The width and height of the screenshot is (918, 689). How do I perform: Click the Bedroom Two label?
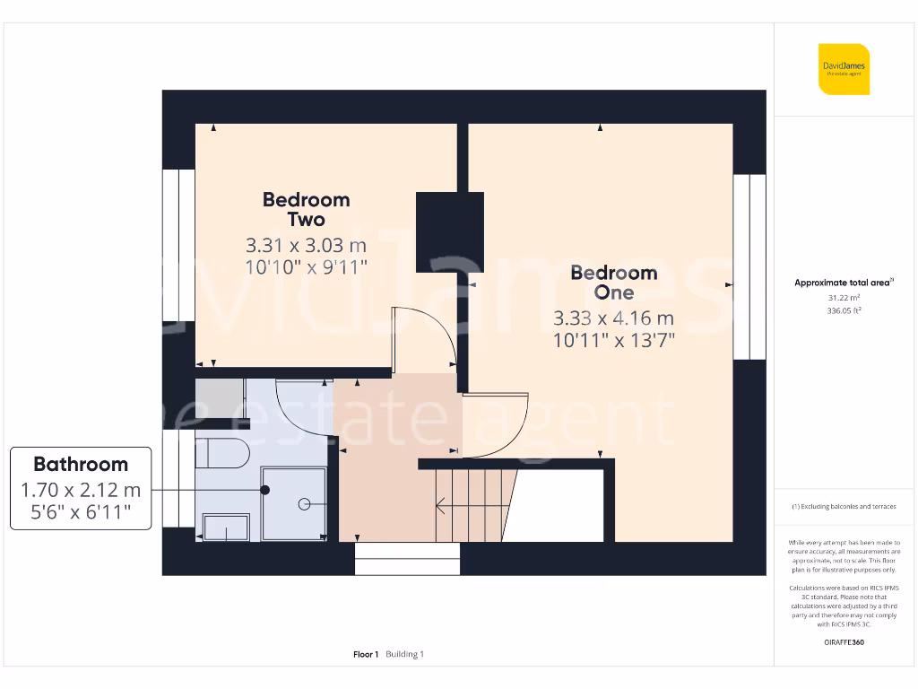[x=306, y=209]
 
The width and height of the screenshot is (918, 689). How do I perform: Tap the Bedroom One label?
[x=614, y=283]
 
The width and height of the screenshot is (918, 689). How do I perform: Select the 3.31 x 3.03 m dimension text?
[x=306, y=245]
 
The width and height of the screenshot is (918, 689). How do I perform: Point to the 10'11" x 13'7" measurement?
[x=614, y=340]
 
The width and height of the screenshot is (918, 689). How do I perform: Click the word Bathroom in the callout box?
[x=81, y=464]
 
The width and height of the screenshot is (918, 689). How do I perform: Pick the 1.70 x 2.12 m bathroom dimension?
[x=81, y=490]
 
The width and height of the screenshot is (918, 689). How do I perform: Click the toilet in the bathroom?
[x=219, y=453]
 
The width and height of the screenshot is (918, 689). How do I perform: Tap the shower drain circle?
[x=304, y=504]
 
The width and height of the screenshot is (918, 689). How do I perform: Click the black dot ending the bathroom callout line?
[x=265, y=490]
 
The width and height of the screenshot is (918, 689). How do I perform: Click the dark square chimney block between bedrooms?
[x=449, y=231]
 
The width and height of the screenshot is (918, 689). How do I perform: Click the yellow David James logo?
[x=843, y=69]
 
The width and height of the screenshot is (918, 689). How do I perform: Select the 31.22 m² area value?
[x=843, y=297]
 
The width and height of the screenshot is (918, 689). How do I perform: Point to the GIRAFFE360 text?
[x=843, y=642]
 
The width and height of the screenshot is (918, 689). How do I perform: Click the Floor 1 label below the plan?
[x=366, y=654]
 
